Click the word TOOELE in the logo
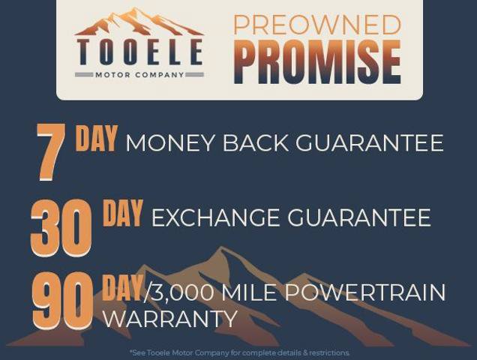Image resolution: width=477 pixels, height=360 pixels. pyautogui.click(x=139, y=52)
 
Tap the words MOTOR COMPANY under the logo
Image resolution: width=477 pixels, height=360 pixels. pyautogui.click(x=139, y=74)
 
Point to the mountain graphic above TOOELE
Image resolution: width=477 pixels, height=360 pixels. pyautogui.click(x=139, y=22)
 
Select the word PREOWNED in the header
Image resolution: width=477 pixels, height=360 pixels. pyautogui.click(x=317, y=25)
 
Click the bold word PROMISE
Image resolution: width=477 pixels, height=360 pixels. pyautogui.click(x=317, y=61)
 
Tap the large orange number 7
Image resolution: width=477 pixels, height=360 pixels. pyautogui.click(x=51, y=151)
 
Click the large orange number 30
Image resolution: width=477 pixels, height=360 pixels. pyautogui.click(x=61, y=227)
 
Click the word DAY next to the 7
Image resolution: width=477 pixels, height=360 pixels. pyautogui.click(x=96, y=139)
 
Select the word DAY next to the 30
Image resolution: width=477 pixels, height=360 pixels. pyautogui.click(x=123, y=213)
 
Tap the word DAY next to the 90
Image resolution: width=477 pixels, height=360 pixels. pyautogui.click(x=122, y=287)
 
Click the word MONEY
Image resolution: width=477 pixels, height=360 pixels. pyautogui.click(x=169, y=142)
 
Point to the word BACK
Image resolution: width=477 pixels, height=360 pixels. pyautogui.click(x=256, y=142)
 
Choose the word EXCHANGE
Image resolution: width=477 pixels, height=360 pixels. pyautogui.click(x=215, y=217)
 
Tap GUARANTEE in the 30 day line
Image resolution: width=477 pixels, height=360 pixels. pyautogui.click(x=359, y=217)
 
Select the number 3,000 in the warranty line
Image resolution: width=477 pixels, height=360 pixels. pyautogui.click(x=181, y=292)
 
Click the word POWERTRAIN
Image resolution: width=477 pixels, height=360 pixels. pyautogui.click(x=364, y=292)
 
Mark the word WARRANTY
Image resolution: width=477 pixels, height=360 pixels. pyautogui.click(x=170, y=319)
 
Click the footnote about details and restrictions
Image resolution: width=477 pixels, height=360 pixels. pyautogui.click(x=239, y=353)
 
